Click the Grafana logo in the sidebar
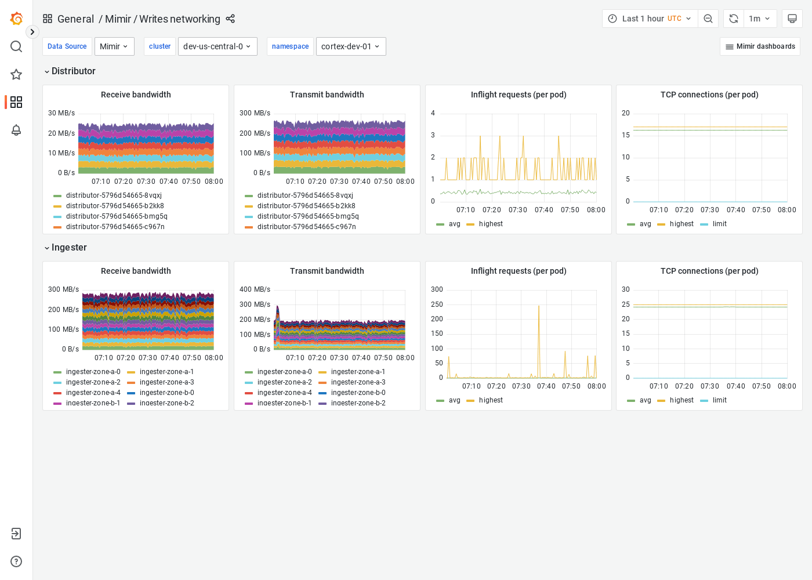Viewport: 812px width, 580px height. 16,19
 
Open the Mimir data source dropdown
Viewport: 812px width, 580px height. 114,46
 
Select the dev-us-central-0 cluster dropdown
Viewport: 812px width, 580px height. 217,46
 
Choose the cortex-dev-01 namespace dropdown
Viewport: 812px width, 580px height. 350,46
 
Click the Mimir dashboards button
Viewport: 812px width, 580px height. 760,46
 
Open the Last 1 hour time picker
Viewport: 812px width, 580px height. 650,19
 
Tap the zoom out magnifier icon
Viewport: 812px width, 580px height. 708,19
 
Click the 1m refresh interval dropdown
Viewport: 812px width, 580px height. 759,19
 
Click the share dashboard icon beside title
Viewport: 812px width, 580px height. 230,19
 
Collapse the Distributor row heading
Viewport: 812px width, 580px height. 70,71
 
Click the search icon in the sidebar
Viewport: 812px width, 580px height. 16,46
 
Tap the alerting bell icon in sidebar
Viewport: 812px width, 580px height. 16,130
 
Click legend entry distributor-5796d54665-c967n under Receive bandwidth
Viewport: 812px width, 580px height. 115,227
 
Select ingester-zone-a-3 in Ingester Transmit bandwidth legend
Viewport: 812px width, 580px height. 358,382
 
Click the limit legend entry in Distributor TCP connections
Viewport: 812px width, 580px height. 719,224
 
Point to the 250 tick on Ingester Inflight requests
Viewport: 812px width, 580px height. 437,304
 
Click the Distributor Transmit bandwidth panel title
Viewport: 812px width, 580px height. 327,95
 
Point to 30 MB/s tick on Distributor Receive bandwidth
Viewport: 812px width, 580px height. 61,113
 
